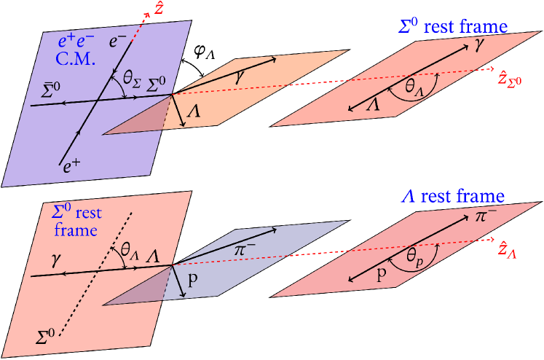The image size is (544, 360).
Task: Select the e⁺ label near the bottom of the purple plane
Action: [x=71, y=167]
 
